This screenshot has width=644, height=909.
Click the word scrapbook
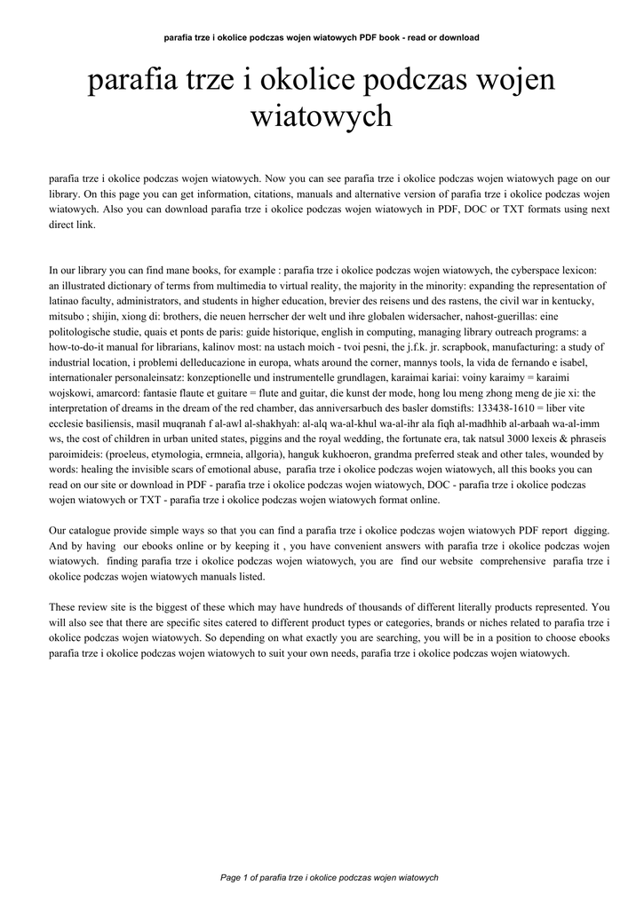click(459, 346)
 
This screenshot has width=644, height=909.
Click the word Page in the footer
click(229, 877)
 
